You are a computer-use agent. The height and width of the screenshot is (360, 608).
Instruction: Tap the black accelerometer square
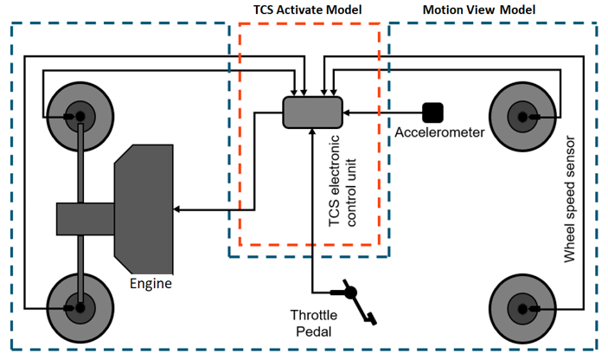pos(432,112)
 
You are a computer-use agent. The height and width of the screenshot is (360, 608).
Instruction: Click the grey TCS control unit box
pos(311,113)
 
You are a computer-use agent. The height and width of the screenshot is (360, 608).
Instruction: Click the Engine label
pos(151,284)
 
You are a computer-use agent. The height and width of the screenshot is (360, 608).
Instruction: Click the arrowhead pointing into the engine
pos(177,209)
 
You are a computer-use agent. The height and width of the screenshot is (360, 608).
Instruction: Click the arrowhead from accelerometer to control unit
pos(346,112)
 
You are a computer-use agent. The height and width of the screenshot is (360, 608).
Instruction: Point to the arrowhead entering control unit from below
pos(311,134)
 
